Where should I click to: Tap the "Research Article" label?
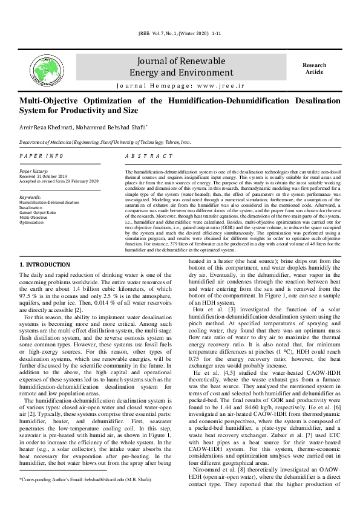point(314,68)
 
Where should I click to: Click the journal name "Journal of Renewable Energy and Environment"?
point(175,67)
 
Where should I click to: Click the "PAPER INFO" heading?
point(41,156)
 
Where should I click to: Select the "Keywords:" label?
point(30,198)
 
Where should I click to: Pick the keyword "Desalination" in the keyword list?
point(32,207)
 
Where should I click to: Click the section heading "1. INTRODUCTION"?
point(45,265)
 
